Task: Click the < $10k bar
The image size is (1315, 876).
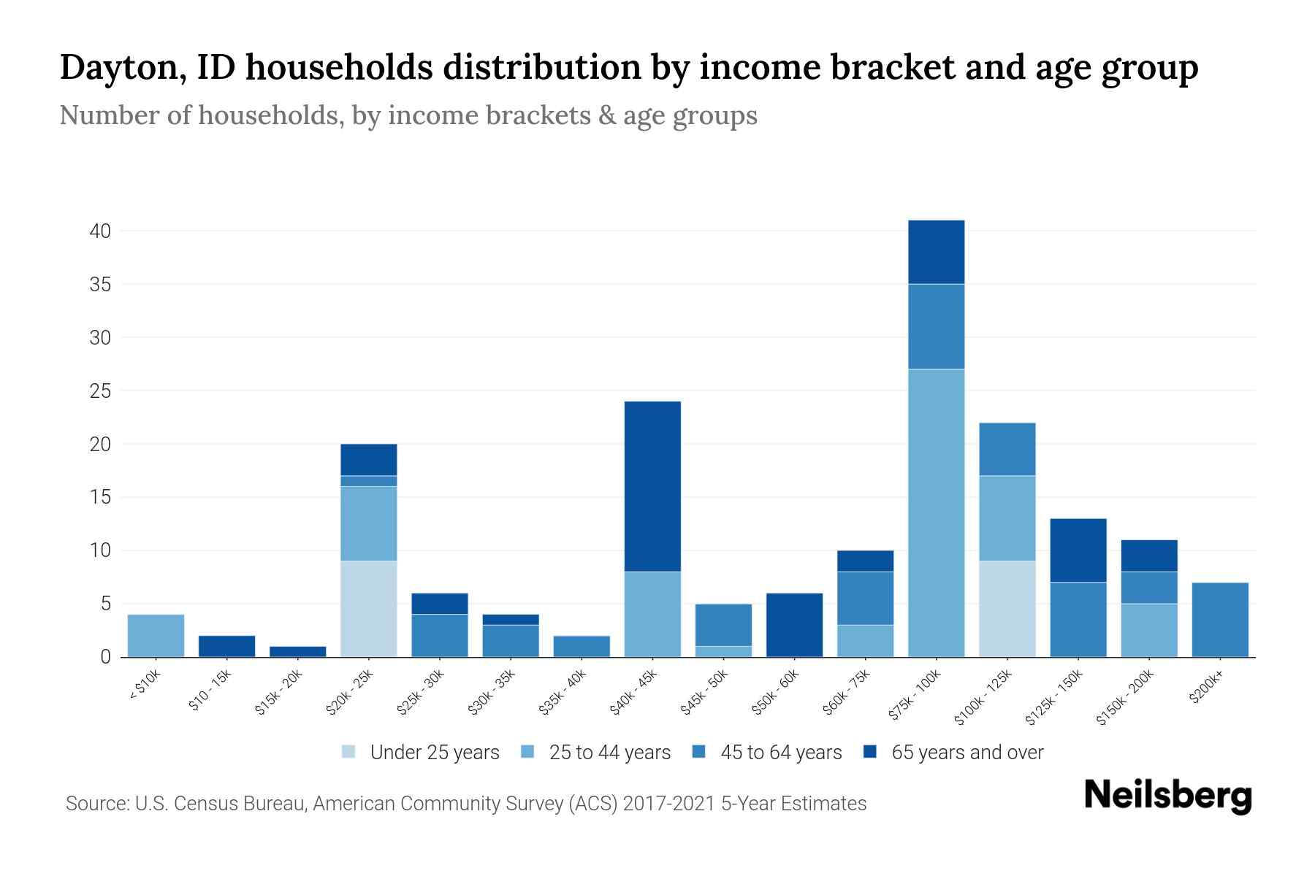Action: coord(156,636)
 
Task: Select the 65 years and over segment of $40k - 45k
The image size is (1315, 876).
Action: coord(652,486)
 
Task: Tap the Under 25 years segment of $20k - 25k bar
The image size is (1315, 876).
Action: coord(369,609)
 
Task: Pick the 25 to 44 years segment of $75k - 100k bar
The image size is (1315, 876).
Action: coord(936,513)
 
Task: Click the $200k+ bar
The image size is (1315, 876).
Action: coord(1219,620)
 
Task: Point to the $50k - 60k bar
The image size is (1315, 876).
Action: coord(794,625)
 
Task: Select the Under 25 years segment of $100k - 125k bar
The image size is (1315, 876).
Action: coord(1007,609)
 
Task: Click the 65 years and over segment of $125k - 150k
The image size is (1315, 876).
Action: coord(1078,550)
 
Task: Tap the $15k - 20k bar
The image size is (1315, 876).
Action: coord(298,651)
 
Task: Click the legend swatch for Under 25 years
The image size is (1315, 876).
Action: coord(349,752)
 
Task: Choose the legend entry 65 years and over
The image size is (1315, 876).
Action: coord(967,753)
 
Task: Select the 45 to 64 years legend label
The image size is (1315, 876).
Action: coord(781,753)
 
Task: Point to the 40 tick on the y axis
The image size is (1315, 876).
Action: coord(100,231)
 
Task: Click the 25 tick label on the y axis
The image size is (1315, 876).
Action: coord(100,391)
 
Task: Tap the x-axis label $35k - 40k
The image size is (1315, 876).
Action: coord(563,692)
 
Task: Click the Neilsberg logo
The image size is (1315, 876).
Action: coord(1167,796)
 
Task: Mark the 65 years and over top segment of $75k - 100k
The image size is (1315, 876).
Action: coord(936,252)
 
